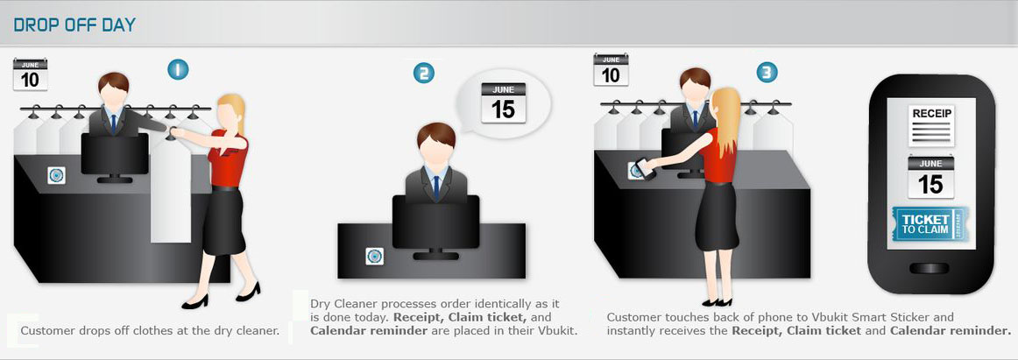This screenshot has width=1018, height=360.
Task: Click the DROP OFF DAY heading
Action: coord(74,25)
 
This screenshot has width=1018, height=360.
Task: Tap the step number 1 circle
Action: coord(178,69)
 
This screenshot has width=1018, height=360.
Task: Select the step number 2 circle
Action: coord(424,74)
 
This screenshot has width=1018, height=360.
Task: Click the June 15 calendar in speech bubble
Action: coord(503,103)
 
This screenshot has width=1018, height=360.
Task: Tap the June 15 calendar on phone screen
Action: coord(930,177)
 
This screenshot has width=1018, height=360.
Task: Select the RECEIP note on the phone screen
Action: coord(931,124)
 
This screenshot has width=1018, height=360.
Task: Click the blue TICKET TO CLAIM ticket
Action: coord(930,224)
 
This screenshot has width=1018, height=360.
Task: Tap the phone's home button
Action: coord(929,269)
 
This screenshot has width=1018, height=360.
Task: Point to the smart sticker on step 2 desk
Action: coord(373,257)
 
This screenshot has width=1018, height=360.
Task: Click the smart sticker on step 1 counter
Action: coord(56,175)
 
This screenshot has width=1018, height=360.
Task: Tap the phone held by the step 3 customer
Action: coord(643,166)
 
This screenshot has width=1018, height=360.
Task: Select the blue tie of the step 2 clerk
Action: coord(436,187)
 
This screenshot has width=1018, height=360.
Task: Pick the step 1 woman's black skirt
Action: coord(224,222)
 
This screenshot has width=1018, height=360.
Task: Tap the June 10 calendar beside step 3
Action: coord(611,69)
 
